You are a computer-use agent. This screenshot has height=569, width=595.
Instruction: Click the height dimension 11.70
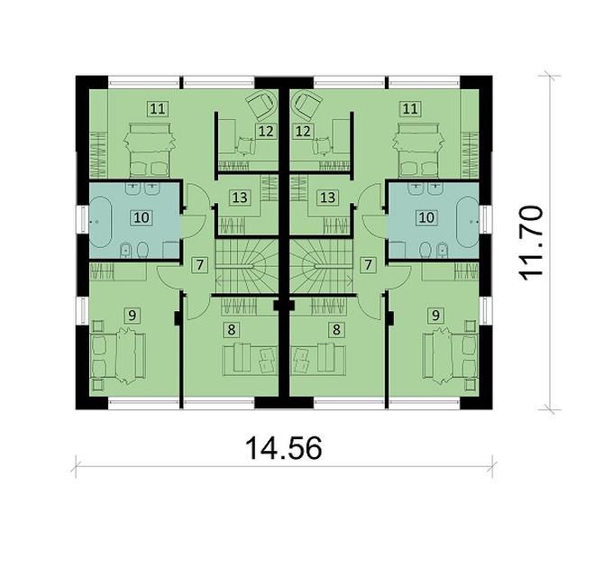pyautogui.click(x=535, y=243)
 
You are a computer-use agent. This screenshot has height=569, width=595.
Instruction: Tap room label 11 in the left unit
pyautogui.click(x=158, y=109)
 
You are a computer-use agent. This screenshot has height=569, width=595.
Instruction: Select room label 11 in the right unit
pyautogui.click(x=410, y=109)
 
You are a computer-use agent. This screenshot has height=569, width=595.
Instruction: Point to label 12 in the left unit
pyautogui.click(x=265, y=131)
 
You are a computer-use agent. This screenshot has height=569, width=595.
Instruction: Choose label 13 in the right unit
pyautogui.click(x=328, y=196)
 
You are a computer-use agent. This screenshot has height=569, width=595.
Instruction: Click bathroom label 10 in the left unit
pyautogui.click(x=140, y=217)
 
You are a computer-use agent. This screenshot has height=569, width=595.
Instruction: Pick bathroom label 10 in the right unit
pyautogui.click(x=428, y=217)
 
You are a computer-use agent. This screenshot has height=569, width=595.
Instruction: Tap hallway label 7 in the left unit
pyautogui.click(x=200, y=264)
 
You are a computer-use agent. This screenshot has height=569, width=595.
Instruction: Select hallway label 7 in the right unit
pyautogui.click(x=368, y=264)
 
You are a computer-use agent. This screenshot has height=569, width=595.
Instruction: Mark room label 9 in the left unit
pyautogui.click(x=133, y=315)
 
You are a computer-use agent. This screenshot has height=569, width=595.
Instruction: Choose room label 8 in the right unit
pyautogui.click(x=337, y=329)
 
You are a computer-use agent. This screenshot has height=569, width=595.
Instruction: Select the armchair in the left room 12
pyautogui.click(x=262, y=105)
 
